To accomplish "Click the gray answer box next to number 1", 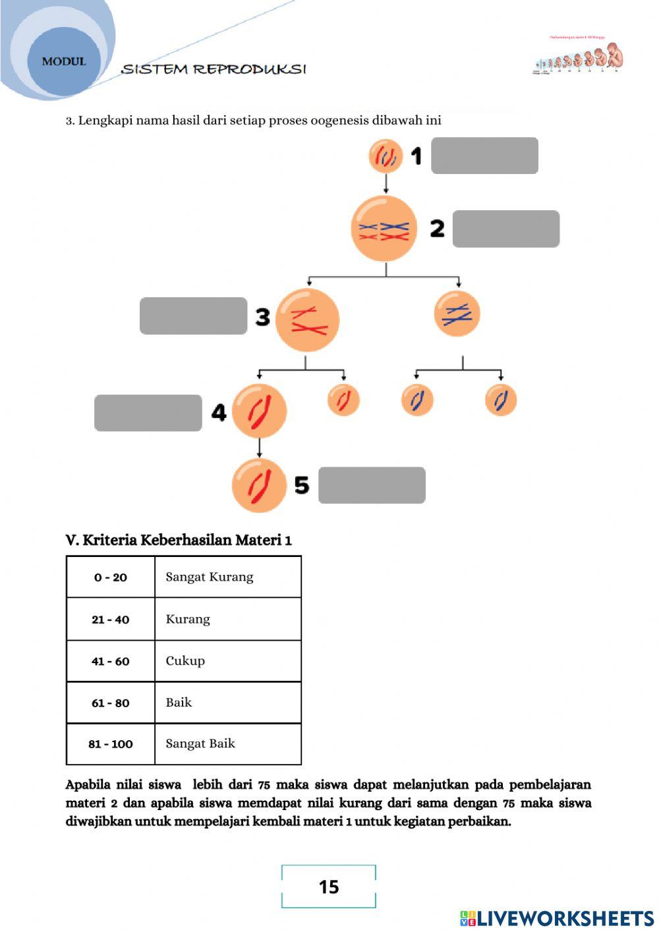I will pyautogui.click(x=484, y=156).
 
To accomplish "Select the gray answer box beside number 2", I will pyautogui.click(x=505, y=229).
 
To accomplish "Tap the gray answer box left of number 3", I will pyautogui.click(x=193, y=316).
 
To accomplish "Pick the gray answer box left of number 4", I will pyautogui.click(x=148, y=413).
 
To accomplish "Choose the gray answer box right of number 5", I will pyautogui.click(x=372, y=485).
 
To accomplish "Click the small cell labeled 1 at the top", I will pyautogui.click(x=386, y=156).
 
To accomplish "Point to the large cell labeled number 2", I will pyautogui.click(x=384, y=229).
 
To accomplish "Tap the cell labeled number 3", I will pyautogui.click(x=307, y=320).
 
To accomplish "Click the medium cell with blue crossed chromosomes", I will pyautogui.click(x=457, y=314).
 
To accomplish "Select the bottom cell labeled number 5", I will pyautogui.click(x=259, y=486).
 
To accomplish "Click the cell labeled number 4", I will pyautogui.click(x=259, y=411).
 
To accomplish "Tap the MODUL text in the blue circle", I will pyautogui.click(x=64, y=61).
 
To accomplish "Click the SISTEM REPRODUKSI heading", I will pyautogui.click(x=214, y=69).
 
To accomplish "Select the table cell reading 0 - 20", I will pyautogui.click(x=110, y=577).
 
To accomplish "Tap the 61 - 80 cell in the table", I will pyautogui.click(x=110, y=703).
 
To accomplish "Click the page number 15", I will pyautogui.click(x=329, y=887).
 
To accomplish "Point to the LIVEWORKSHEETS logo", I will pyautogui.click(x=556, y=918).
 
